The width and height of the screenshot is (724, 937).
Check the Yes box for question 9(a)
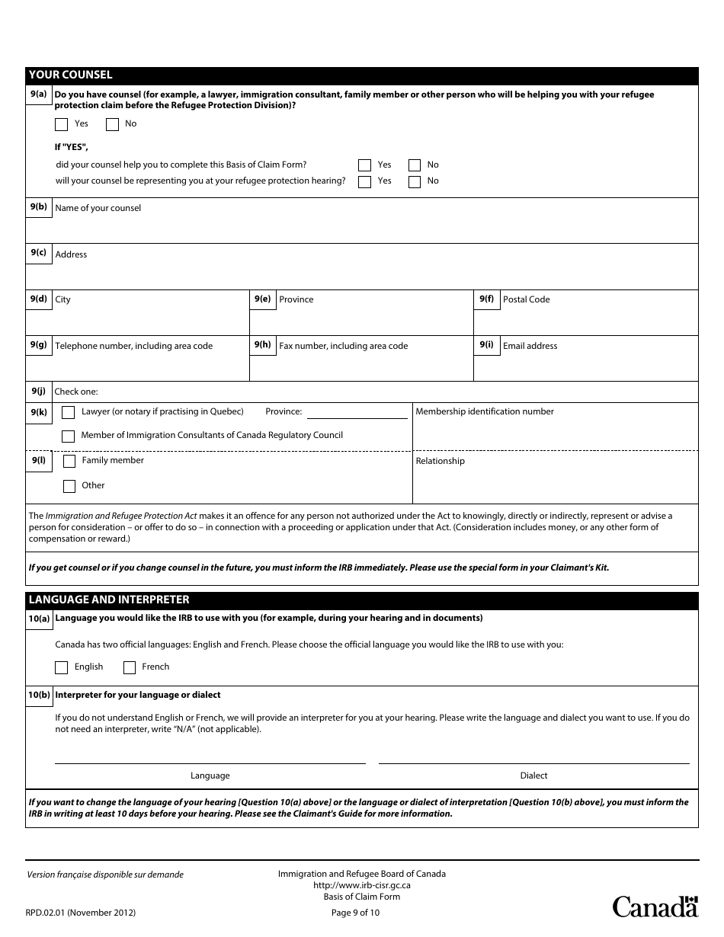click(62, 124)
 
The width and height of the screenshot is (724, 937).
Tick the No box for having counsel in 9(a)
click(112, 124)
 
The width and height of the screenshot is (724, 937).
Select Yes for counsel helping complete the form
click(365, 165)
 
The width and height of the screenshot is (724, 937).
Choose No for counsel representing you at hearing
click(415, 181)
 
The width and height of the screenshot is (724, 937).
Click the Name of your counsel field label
click(98, 208)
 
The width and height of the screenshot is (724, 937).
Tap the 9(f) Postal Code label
click(526, 299)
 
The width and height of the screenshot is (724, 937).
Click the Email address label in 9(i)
click(530, 346)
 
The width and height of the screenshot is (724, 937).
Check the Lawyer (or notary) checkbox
click(69, 412)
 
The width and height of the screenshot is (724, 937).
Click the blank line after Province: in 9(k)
click(357, 412)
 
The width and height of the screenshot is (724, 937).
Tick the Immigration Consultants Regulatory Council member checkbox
click(69, 437)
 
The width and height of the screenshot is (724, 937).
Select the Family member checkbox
click(69, 461)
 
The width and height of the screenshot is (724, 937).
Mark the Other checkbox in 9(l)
click(69, 486)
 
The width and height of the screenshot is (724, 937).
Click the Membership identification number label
click(485, 411)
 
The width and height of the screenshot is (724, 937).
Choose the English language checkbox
click(62, 667)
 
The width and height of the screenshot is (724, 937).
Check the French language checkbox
click(130, 667)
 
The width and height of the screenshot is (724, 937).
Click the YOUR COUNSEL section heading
click(70, 75)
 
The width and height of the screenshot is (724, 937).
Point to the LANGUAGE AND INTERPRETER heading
click(108, 600)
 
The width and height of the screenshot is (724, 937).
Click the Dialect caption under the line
click(533, 776)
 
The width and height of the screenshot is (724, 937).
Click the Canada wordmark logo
click(655, 906)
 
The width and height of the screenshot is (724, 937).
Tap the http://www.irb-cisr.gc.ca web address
click(362, 885)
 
